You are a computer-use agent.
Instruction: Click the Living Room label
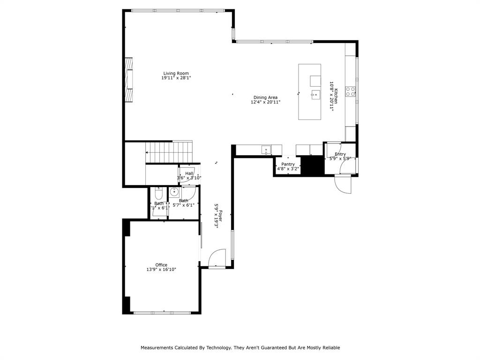176,73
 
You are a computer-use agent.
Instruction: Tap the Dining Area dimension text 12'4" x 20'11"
265,102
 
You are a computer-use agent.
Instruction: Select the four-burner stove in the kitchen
350,91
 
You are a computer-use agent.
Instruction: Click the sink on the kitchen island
315,95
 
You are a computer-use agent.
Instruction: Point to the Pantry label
288,164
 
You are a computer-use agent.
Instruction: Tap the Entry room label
340,154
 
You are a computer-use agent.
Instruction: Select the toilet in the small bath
158,193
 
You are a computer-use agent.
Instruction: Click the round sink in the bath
174,191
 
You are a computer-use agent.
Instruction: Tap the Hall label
189,173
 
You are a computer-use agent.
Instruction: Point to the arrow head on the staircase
147,152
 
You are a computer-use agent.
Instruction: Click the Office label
161,265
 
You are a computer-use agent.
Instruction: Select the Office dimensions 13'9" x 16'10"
161,270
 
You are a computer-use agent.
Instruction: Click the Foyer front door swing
217,258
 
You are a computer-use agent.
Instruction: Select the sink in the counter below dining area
266,150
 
